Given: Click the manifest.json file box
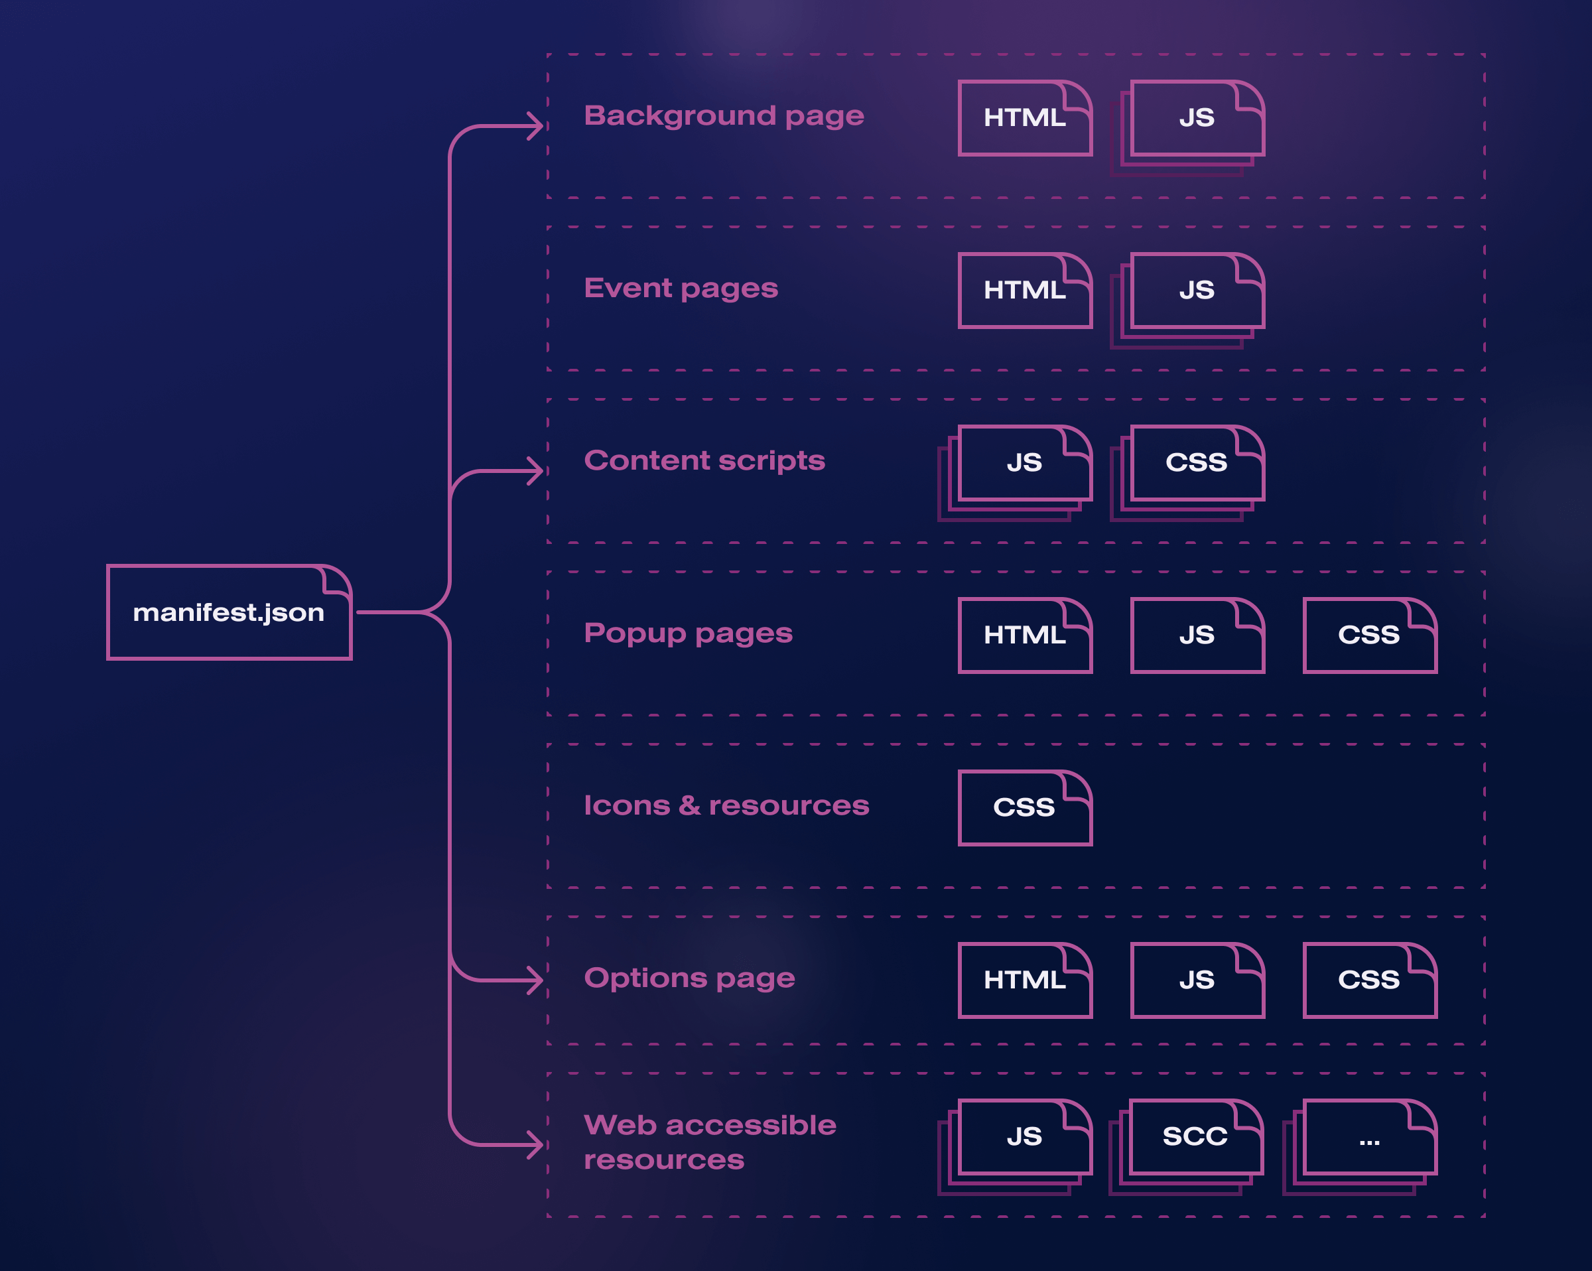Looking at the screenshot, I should (229, 612).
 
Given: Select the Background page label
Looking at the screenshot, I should (724, 116).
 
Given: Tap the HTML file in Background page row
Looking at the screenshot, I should (1024, 118).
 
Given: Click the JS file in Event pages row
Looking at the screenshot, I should (1196, 291).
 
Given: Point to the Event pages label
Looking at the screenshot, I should (681, 288).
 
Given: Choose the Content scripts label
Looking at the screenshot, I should (704, 461).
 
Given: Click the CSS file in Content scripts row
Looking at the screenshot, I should (1196, 463).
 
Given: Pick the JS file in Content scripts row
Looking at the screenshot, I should (1024, 463).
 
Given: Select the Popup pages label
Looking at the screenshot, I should (688, 633).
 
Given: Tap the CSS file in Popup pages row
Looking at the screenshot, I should (1369, 635).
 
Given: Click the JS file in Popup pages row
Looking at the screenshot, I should (1196, 635).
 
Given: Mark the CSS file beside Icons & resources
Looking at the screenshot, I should (1024, 807).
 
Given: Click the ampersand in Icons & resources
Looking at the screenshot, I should (689, 805).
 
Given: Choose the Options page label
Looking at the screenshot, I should (690, 978).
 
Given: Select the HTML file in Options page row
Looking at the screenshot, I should (1024, 980).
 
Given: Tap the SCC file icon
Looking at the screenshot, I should (1195, 1136).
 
